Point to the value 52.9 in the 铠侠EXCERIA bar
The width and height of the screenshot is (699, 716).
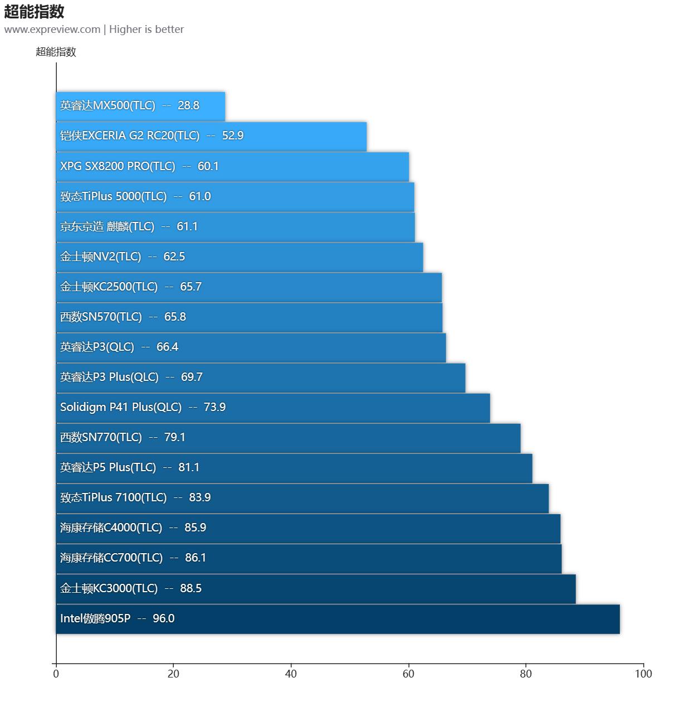233,136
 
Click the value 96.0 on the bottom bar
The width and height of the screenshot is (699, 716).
164,618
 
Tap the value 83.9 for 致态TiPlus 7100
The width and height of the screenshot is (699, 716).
200,497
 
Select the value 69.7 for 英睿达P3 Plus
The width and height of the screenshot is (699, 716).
192,377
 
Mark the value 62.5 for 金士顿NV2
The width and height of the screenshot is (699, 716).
174,257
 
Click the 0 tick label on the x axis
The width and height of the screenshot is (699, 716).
56,674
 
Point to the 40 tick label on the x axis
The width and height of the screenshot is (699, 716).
291,674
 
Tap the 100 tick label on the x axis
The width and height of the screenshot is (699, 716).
643,674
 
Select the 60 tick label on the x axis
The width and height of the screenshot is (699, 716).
408,674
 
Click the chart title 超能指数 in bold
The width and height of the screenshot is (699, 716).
35,12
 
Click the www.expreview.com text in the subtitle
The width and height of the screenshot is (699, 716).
52,30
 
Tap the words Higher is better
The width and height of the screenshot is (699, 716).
146,30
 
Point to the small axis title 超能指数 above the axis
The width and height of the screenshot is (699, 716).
56,52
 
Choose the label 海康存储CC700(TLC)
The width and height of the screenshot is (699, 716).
111,558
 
